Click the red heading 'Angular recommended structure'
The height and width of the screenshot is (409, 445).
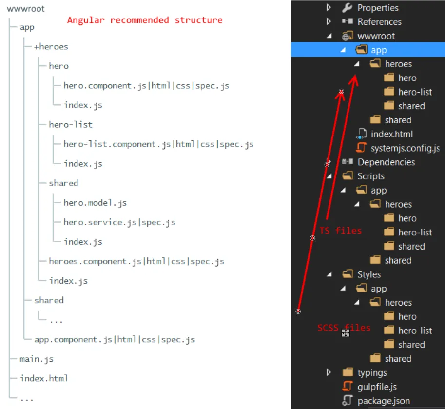point(145,20)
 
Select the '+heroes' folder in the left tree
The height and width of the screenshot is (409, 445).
point(51,47)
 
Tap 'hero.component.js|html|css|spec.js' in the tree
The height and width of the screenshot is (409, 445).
point(146,86)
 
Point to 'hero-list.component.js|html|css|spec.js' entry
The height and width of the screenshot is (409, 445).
point(158,144)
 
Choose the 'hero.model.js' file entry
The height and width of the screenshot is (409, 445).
point(95,203)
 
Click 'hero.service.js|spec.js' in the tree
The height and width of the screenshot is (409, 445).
point(119,222)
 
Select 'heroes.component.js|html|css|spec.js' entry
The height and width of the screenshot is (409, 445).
point(136,261)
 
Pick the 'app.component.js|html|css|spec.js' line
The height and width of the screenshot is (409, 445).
point(115,339)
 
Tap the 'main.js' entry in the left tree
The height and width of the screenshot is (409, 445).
point(37,359)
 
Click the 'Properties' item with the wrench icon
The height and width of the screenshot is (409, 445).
point(377,8)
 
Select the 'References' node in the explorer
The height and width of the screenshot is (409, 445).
point(379,22)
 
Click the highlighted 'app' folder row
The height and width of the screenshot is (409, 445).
point(378,50)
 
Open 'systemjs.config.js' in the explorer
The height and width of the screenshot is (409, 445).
point(405,148)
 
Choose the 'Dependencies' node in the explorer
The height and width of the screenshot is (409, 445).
point(386,162)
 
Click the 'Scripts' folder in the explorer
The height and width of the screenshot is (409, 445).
point(370,176)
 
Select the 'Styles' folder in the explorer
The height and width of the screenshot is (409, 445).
point(369,275)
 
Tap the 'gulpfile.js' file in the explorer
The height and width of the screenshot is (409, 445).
point(377,387)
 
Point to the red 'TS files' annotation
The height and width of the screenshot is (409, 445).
point(341,231)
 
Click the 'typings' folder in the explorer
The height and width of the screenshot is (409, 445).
point(372,373)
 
